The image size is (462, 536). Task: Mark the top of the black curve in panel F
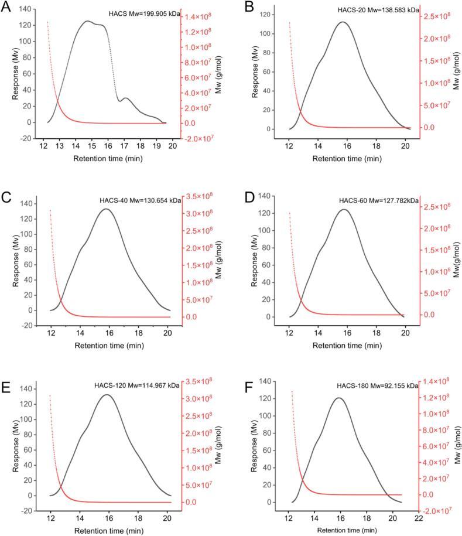coord(338,398)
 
